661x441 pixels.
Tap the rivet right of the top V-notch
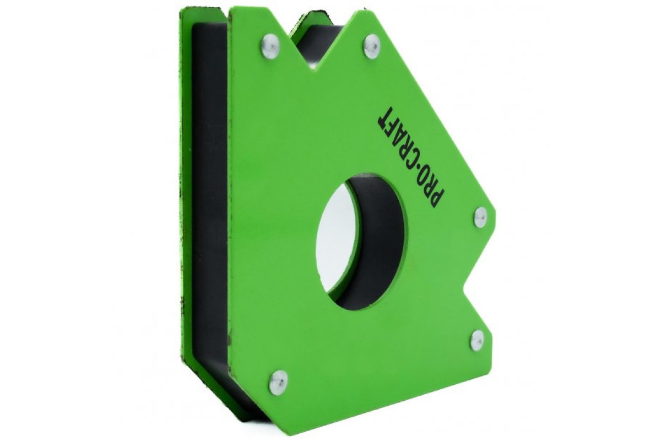(x=372, y=46)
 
